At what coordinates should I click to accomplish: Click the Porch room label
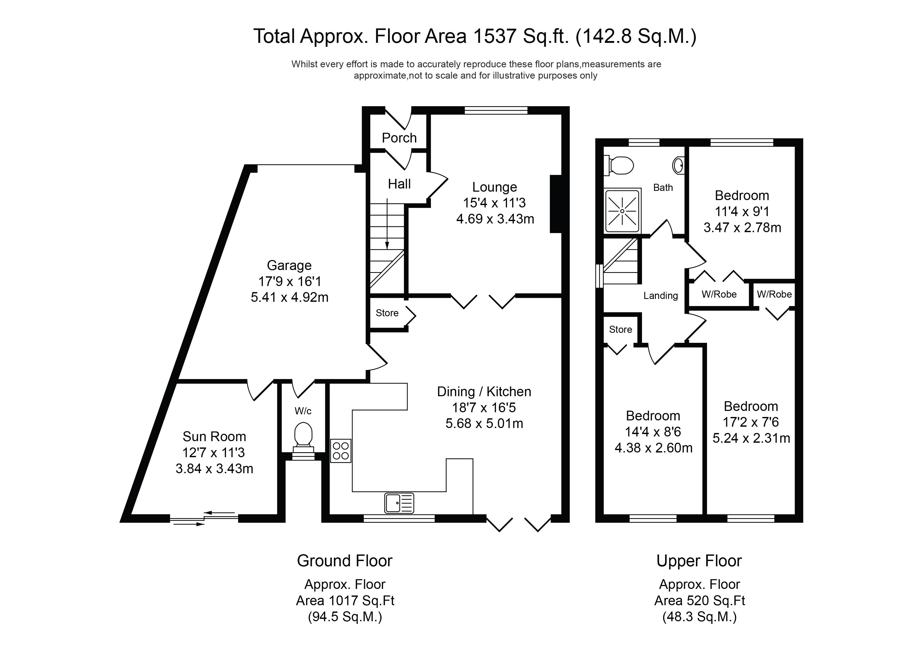[399, 138]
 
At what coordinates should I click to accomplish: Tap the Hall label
[399, 184]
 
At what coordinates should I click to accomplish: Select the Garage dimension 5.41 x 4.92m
[289, 297]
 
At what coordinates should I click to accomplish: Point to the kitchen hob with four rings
[341, 451]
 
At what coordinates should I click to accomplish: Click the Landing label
[660, 296]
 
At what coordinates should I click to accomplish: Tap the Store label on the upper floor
[620, 329]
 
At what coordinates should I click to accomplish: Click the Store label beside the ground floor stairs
[387, 313]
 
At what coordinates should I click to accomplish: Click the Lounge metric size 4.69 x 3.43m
[495, 219]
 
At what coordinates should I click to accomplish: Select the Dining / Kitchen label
[484, 392]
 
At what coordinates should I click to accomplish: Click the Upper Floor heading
[699, 561]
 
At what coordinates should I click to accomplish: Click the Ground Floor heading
[344, 561]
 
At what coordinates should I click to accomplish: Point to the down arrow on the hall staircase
[387, 225]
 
